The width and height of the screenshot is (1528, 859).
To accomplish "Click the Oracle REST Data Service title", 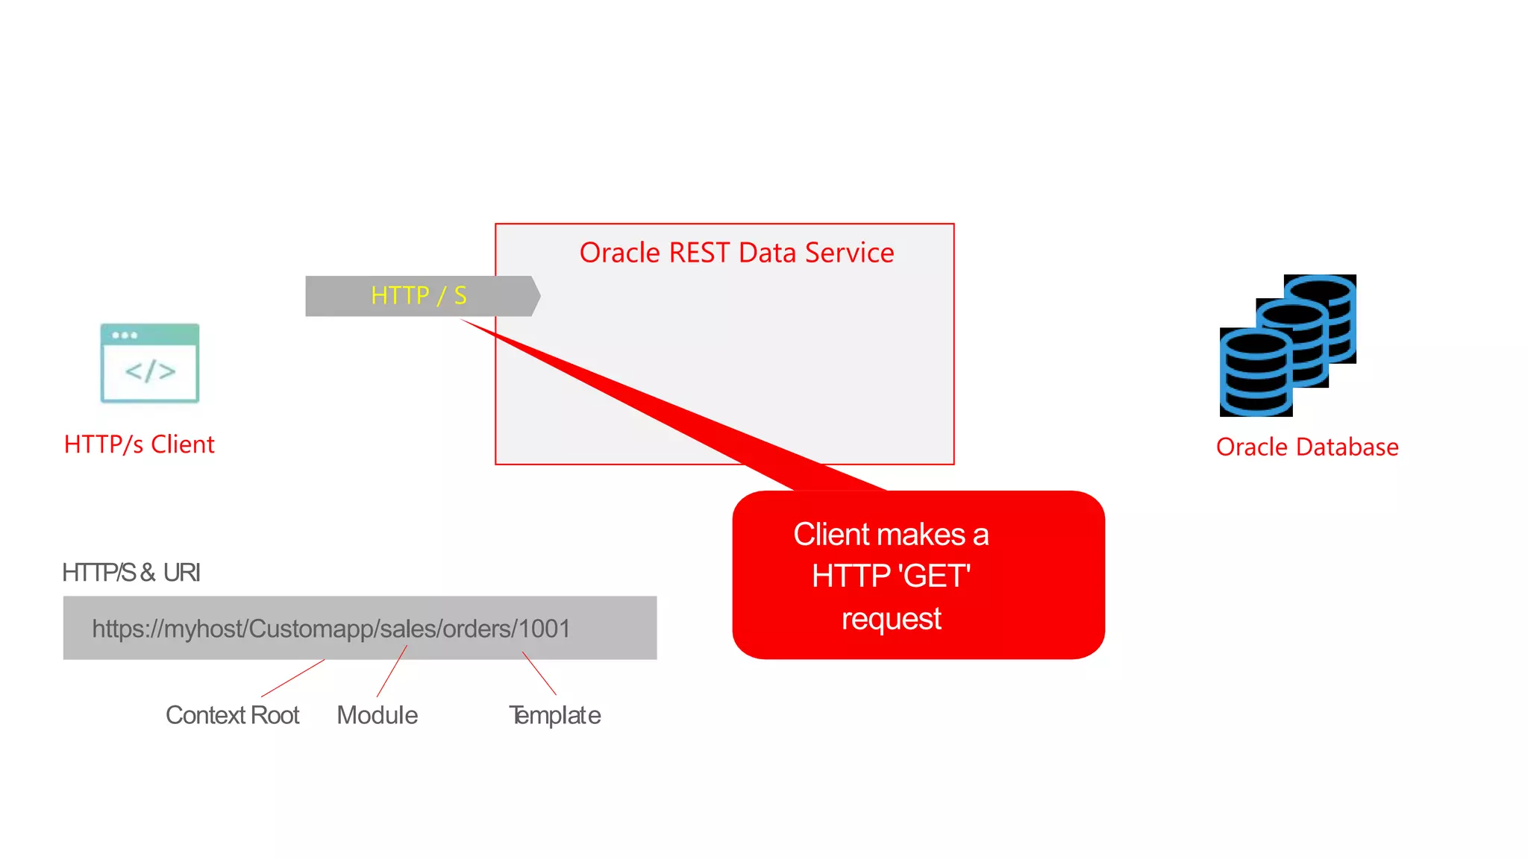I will tap(736, 253).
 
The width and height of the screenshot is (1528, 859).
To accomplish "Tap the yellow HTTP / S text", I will tap(419, 296).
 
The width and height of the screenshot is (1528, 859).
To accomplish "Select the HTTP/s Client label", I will tap(140, 444).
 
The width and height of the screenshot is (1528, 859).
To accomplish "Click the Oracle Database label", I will tap(1307, 447).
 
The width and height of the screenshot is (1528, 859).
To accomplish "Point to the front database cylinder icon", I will tap(1255, 373).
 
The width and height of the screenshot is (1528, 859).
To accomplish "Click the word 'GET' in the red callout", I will tap(934, 576).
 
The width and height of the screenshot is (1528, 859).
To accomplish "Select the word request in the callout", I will tap(891, 619).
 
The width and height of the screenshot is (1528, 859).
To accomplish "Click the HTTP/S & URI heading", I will tap(131, 573).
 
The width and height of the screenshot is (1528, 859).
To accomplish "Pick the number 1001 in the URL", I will tap(545, 629).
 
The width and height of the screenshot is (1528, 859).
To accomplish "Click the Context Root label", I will tap(232, 716).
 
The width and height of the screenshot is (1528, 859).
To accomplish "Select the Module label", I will tap(377, 716).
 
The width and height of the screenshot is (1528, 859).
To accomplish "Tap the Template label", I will tap(554, 716).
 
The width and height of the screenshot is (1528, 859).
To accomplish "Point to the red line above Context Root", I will tap(292, 679).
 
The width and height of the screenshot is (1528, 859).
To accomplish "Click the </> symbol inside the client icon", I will tap(150, 371).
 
